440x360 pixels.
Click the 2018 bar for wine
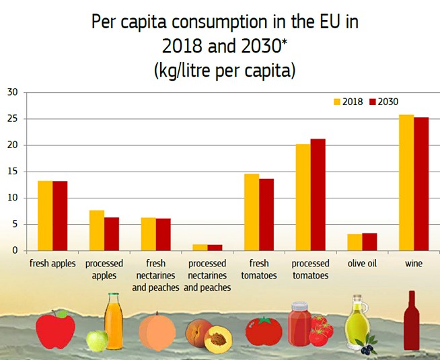pos(406,182)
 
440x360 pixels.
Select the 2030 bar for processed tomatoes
pos(318,194)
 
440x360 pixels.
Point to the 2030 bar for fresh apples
pos(60,215)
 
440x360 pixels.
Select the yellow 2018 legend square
pos(338,102)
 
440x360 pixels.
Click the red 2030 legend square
pos(373,102)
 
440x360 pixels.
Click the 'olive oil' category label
pos(362,264)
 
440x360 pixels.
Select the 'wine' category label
pos(414,264)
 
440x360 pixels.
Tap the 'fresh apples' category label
pos(52,264)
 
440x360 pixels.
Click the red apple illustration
pos(55,329)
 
